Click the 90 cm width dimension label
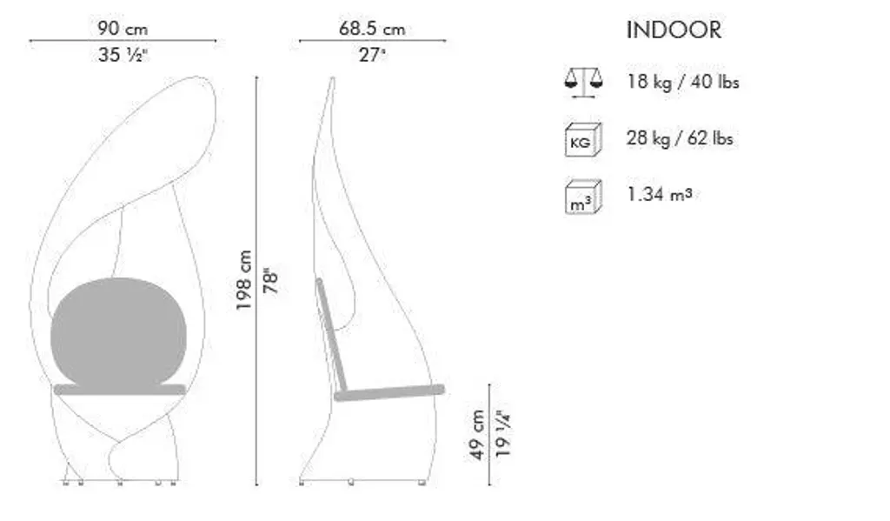(122, 29)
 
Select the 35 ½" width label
(123, 55)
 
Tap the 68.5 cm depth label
(372, 29)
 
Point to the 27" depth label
(372, 55)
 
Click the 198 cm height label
(244, 280)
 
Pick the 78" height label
(271, 281)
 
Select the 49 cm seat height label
(477, 435)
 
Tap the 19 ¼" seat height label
(503, 433)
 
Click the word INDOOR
(674, 30)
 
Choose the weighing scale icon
(583, 83)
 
